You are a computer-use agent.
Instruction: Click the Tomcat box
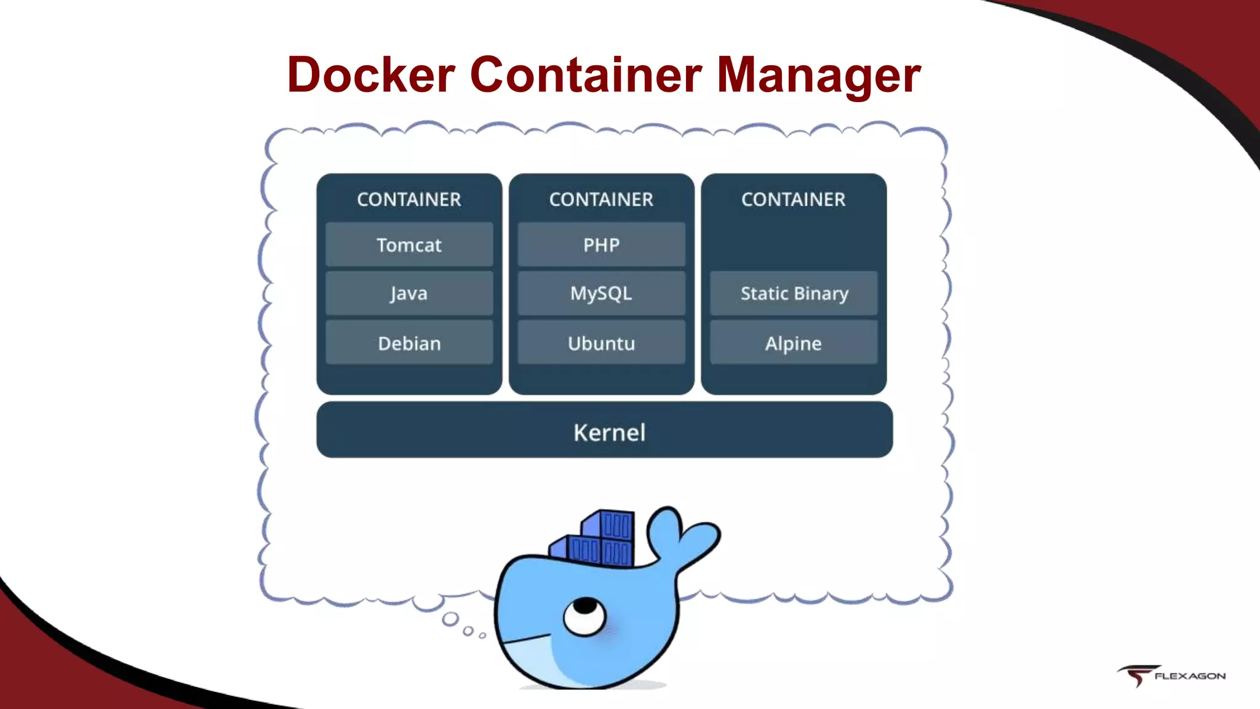(x=409, y=245)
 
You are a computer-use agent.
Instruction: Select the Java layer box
(x=409, y=294)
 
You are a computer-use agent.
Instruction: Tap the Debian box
(x=409, y=343)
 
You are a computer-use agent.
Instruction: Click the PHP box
(x=601, y=245)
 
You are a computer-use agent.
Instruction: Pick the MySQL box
(x=601, y=294)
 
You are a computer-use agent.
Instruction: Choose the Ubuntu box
(x=601, y=343)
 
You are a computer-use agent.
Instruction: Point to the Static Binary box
(x=794, y=294)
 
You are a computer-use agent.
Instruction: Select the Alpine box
(x=794, y=343)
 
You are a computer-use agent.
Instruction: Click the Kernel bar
(x=605, y=431)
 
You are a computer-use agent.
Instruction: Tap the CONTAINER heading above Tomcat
(x=409, y=199)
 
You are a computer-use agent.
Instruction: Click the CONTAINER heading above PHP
(x=601, y=199)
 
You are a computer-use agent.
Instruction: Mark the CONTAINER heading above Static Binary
(x=794, y=199)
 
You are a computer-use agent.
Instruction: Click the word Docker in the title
(x=371, y=75)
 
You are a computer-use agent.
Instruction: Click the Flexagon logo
(x=1171, y=676)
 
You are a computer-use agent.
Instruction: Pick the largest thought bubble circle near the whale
(x=451, y=619)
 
